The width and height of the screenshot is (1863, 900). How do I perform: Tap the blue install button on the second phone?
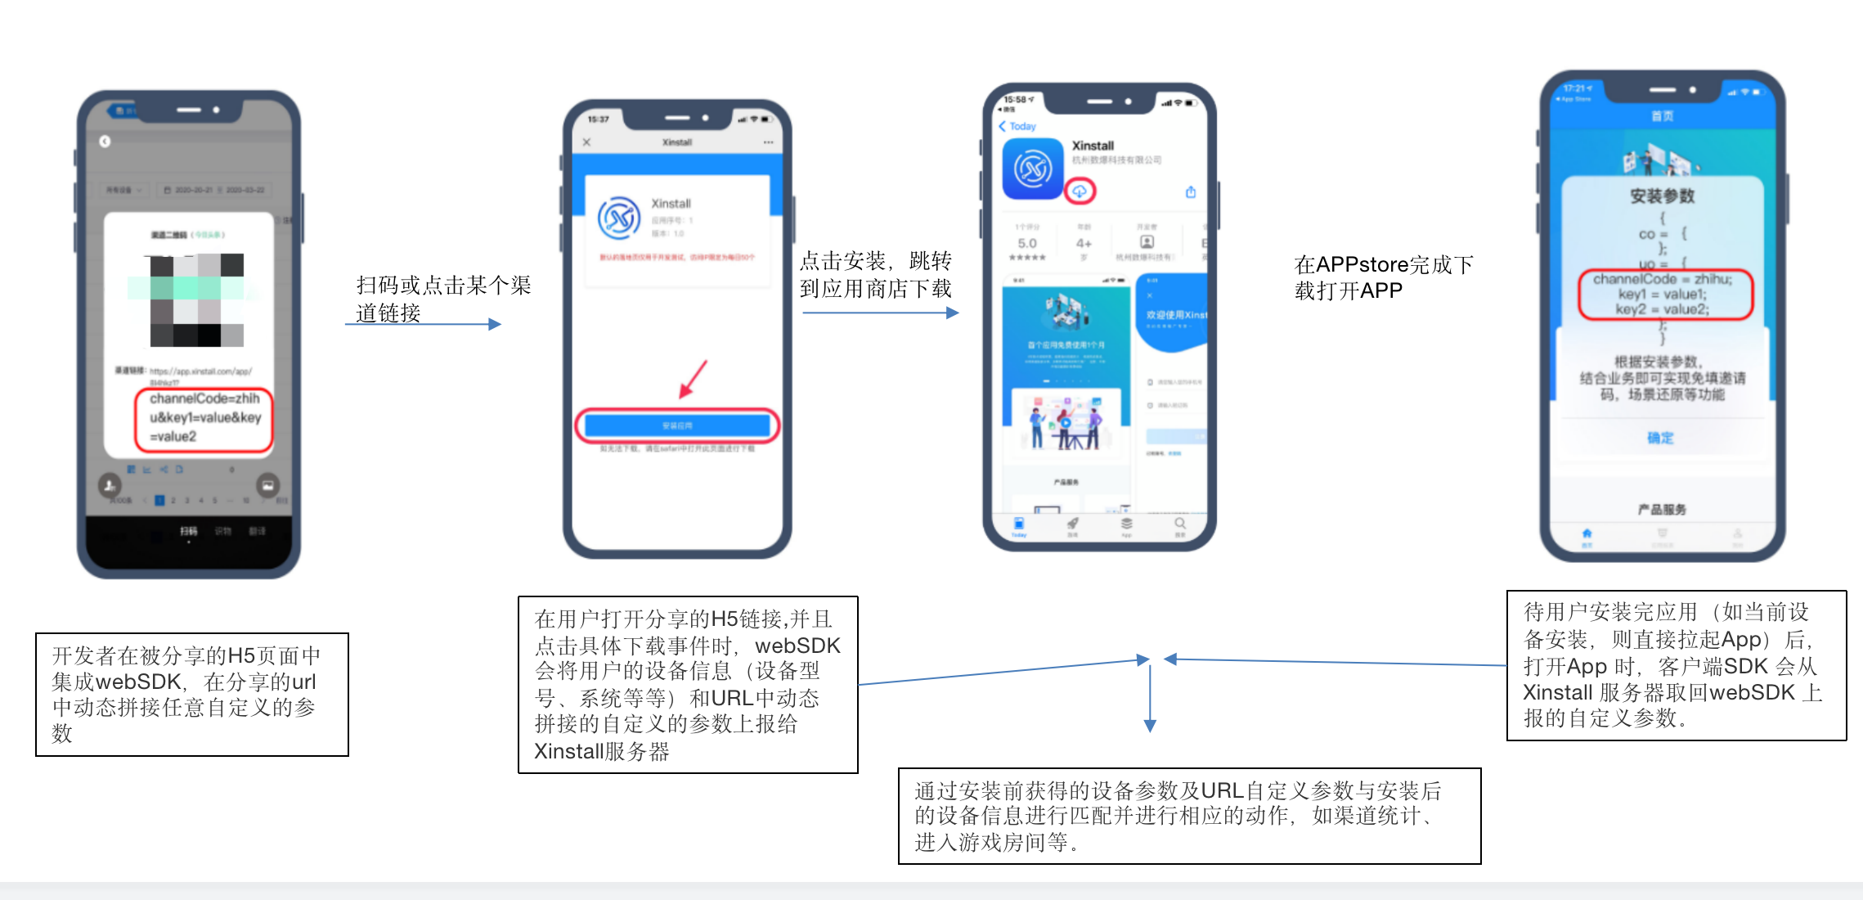(x=677, y=425)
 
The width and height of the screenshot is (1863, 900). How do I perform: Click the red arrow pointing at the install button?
(x=693, y=380)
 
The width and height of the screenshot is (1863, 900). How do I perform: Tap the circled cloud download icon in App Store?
(x=1080, y=191)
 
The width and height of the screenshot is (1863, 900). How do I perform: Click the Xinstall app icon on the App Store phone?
(x=1033, y=169)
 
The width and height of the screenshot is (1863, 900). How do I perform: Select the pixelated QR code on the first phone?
(x=197, y=299)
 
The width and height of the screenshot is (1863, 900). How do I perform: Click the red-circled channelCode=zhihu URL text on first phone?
(x=204, y=418)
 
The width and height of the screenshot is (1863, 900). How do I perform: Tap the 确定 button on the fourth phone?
(x=1660, y=438)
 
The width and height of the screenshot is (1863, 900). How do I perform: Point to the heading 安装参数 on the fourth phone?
(x=1662, y=196)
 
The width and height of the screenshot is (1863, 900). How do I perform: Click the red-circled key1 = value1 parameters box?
(x=1665, y=295)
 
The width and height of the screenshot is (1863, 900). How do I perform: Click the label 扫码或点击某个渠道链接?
(x=442, y=299)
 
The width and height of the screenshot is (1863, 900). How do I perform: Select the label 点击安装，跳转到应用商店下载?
(x=875, y=275)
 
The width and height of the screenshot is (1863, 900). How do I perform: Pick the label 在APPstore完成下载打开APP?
(x=1383, y=277)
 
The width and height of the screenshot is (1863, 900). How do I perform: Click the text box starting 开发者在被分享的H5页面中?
(x=192, y=694)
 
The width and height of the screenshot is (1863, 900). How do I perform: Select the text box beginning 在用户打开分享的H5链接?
(x=688, y=684)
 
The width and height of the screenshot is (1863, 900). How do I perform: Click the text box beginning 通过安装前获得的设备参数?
(x=1189, y=816)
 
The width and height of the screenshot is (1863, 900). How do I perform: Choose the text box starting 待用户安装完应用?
(x=1676, y=665)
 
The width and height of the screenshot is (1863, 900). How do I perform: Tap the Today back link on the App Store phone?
(x=1017, y=126)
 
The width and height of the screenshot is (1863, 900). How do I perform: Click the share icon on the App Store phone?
(x=1191, y=192)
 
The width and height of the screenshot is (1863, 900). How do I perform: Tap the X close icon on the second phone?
(x=586, y=142)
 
